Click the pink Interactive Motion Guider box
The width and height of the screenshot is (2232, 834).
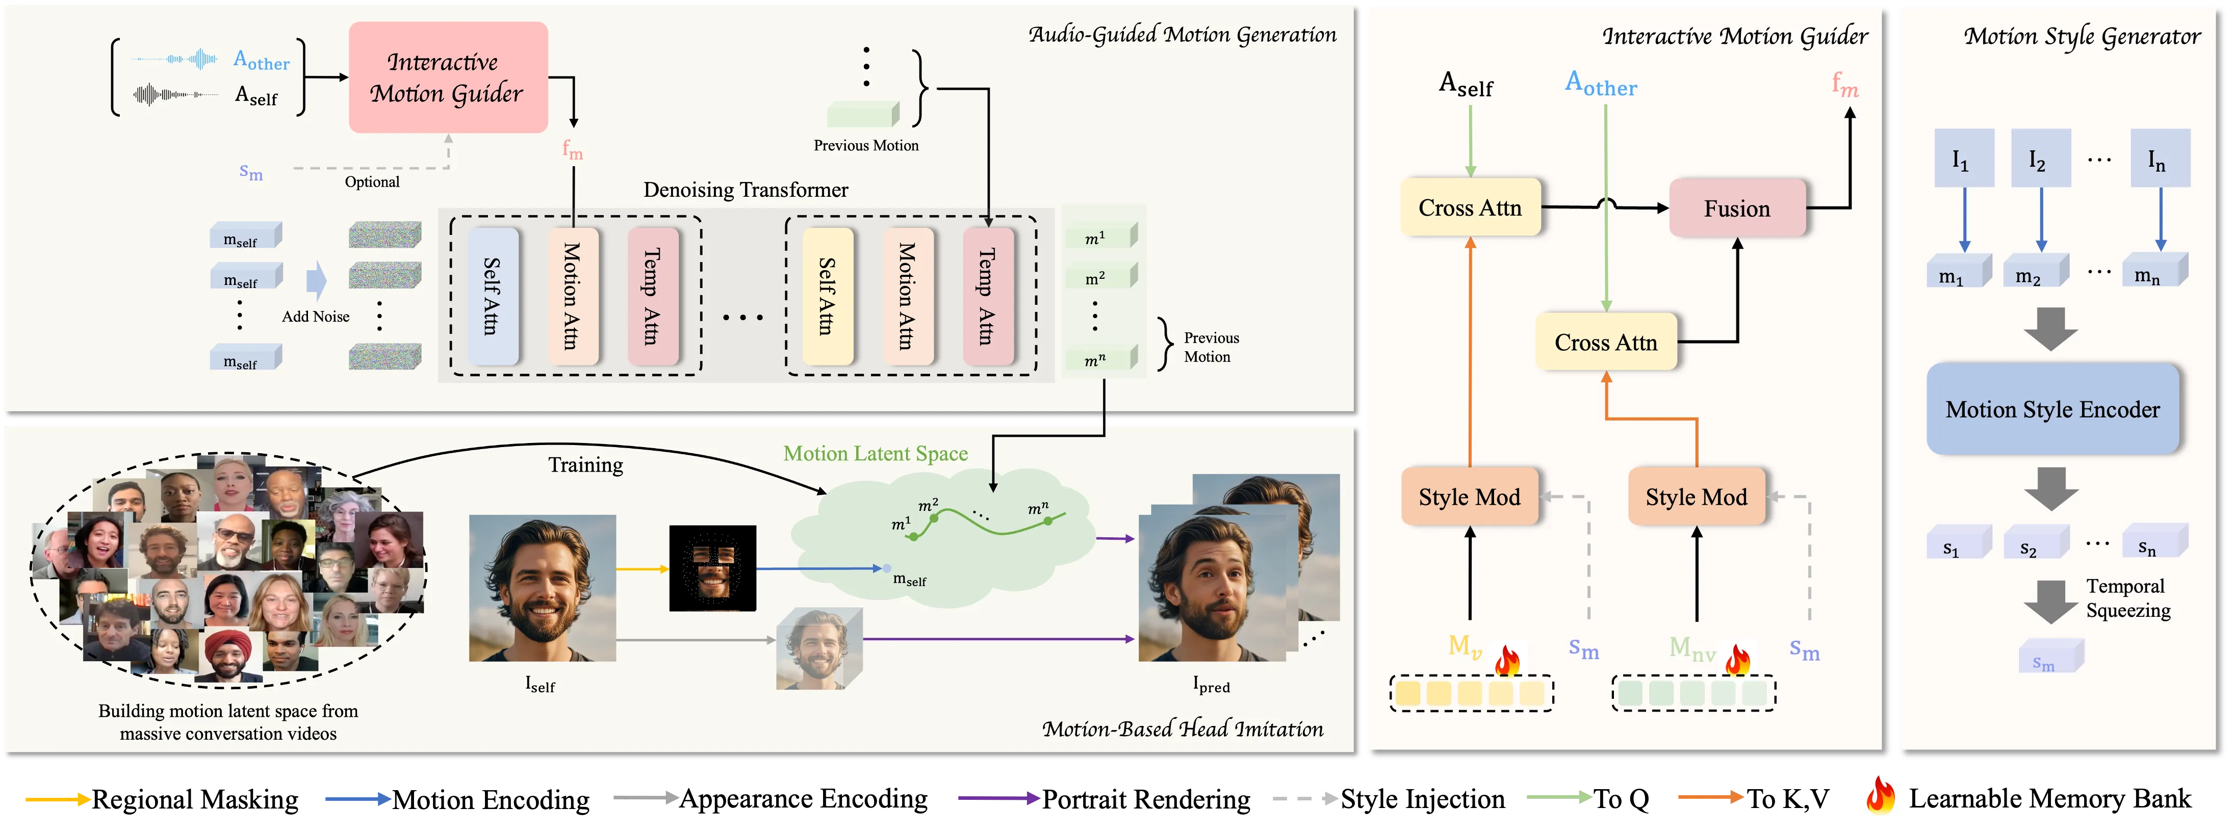pos(448,77)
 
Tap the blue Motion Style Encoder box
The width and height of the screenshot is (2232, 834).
pos(2052,409)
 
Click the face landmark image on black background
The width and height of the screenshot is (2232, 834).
pos(712,568)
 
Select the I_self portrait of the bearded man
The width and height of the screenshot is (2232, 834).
pos(543,588)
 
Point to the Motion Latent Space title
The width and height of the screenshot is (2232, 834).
pos(875,454)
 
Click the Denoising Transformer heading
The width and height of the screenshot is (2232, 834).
pos(745,190)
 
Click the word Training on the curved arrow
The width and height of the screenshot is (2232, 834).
pos(586,465)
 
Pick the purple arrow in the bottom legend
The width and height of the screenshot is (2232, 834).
pos(998,798)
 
